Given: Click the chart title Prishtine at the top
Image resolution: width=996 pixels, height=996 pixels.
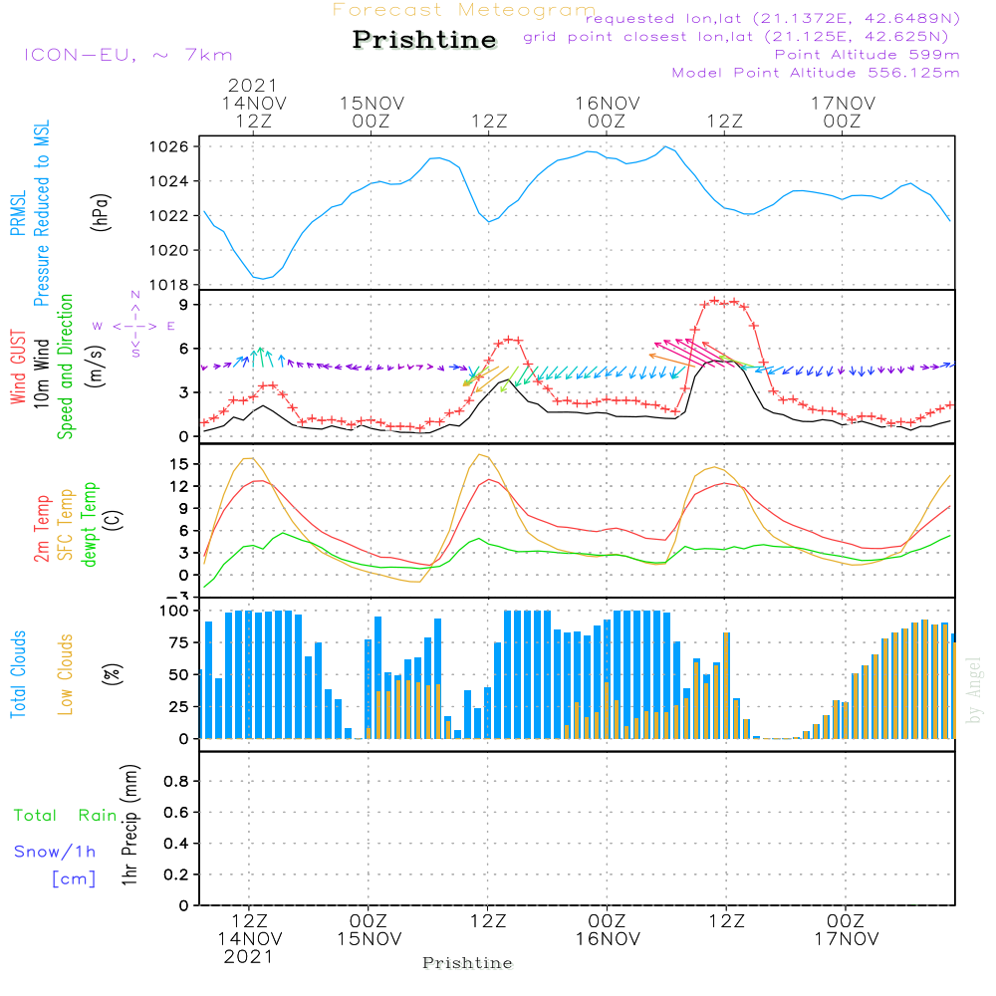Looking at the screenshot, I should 424,40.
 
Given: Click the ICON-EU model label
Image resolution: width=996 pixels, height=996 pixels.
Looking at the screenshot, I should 127,55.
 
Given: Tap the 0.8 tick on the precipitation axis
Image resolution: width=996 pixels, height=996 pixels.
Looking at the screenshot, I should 176,782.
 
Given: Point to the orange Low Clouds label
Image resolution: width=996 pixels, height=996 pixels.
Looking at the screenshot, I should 66,674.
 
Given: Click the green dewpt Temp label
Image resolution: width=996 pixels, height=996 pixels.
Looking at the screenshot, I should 90,525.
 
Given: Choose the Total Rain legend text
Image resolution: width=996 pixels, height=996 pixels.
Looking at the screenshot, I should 66,816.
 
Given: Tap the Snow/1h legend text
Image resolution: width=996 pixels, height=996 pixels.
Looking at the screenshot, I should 56,853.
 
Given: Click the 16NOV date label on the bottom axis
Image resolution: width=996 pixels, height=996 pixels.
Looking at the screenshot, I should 607,938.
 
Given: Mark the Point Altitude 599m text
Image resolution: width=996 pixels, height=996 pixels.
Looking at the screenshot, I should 867,55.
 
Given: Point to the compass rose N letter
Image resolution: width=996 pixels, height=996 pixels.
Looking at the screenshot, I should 135,296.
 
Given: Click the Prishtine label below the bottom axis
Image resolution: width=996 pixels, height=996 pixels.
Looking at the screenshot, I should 467,963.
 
